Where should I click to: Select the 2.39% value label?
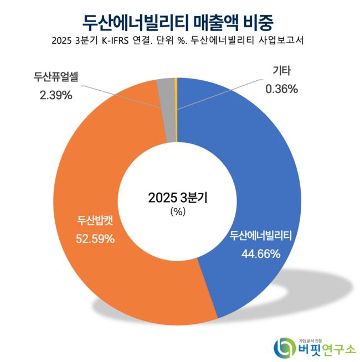(56, 95)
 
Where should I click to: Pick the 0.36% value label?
(282, 88)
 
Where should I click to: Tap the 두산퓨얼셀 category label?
(56, 77)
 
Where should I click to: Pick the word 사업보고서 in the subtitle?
(281, 42)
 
